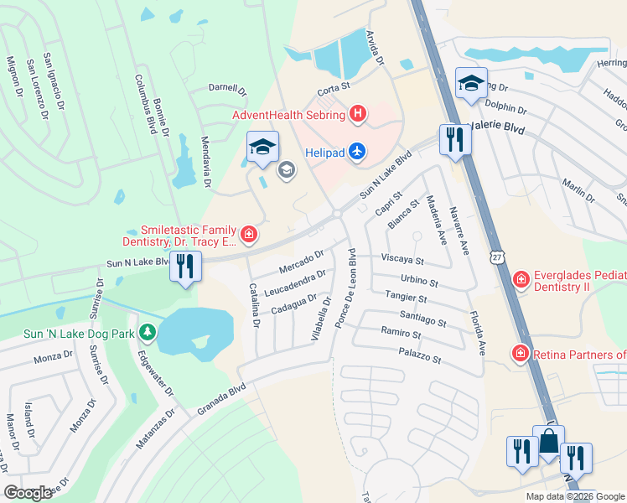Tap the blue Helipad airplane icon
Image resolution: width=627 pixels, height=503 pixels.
(x=358, y=150)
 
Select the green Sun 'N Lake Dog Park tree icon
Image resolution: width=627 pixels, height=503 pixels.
(x=148, y=333)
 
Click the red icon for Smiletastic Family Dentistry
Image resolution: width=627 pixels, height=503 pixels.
(x=248, y=234)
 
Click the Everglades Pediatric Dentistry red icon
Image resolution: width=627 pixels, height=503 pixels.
(x=521, y=278)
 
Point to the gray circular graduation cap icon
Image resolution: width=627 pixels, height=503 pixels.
(x=287, y=171)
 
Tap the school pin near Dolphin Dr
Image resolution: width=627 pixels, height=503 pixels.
(x=471, y=83)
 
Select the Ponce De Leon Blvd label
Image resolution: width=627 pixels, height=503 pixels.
(x=345, y=286)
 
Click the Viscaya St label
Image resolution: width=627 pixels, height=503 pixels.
(x=403, y=260)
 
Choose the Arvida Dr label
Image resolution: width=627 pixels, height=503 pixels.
(x=375, y=49)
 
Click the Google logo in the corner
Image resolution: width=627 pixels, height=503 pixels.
(x=28, y=493)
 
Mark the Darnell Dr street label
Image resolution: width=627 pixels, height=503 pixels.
(x=228, y=88)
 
